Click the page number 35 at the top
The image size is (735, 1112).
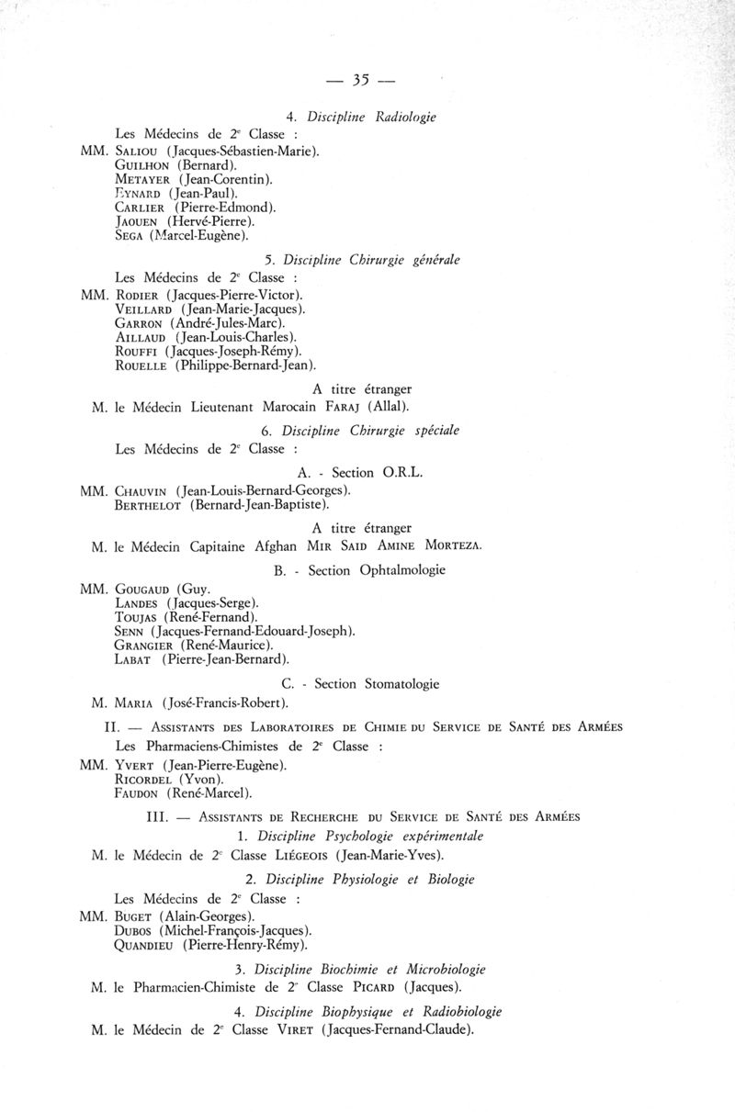pos(359,81)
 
